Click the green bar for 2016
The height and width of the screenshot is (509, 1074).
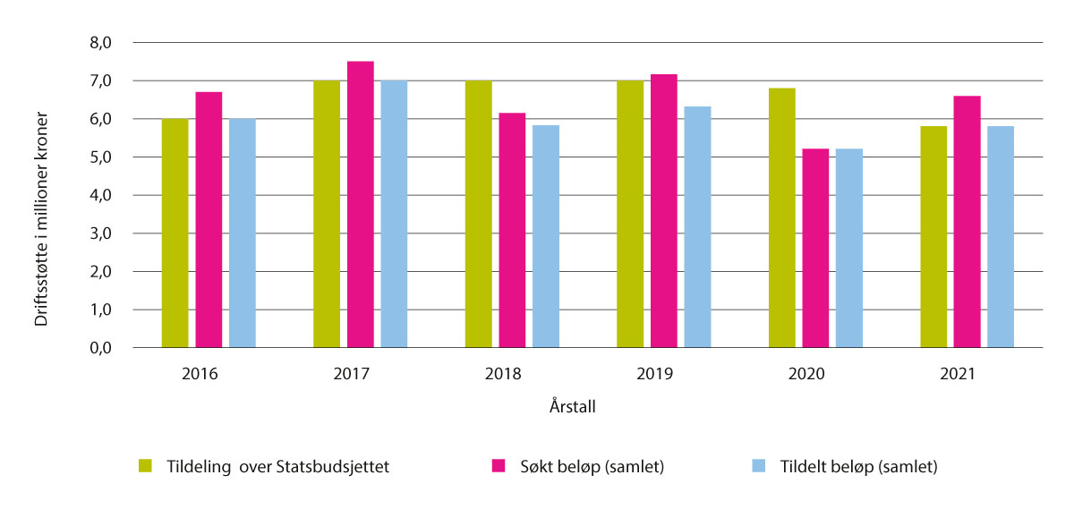[x=175, y=233]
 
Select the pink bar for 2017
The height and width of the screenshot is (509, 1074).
[x=361, y=205]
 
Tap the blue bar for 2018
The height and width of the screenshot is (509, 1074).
[x=546, y=236]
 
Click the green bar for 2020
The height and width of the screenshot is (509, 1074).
[x=782, y=218]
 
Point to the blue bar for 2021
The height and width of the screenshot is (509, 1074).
[x=1001, y=237]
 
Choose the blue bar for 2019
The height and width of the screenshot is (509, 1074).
[x=697, y=227]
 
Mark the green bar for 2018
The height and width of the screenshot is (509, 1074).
[x=479, y=215]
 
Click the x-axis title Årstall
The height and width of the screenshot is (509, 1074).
[x=573, y=407]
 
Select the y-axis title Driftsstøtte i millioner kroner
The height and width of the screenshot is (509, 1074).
[x=41, y=219]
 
